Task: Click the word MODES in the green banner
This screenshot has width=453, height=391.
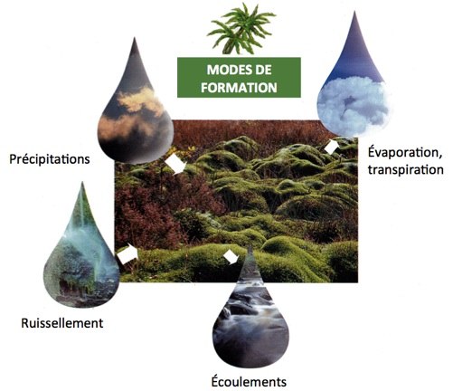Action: [226, 70]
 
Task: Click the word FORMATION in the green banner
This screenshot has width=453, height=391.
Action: [239, 88]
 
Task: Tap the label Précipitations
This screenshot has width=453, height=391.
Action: [50, 159]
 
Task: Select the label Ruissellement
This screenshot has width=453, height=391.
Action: [62, 323]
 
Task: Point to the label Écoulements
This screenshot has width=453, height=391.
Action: [249, 381]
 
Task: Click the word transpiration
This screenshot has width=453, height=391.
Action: [406, 169]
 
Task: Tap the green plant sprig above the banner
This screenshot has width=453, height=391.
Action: [241, 29]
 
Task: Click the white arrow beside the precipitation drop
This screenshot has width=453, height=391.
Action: [175, 164]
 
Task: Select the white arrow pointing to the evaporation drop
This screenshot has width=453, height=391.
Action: [332, 147]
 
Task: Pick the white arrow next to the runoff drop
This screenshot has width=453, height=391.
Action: [127, 253]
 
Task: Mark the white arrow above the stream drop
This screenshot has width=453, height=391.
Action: [231, 257]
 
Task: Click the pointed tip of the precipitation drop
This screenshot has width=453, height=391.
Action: [135, 38]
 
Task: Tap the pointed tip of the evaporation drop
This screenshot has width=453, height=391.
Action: [354, 12]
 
